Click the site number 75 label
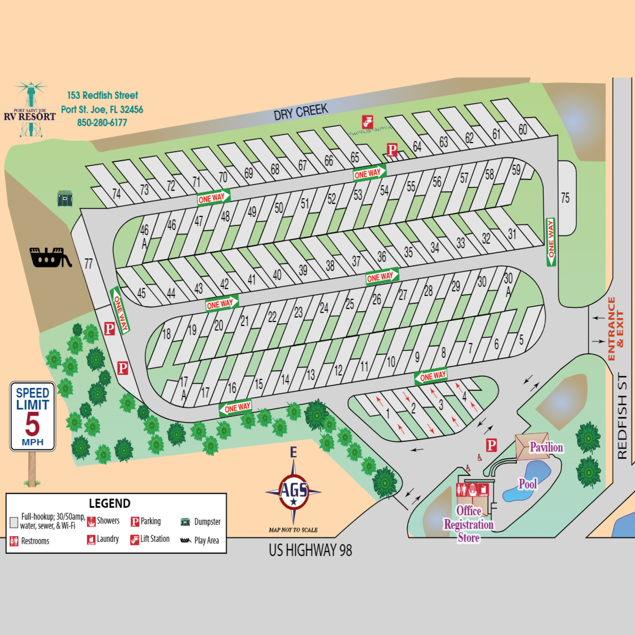point(565,198)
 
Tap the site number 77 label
point(88,264)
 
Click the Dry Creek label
point(301,111)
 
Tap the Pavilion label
point(546,447)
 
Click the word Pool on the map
point(528,484)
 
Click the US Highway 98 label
point(310,550)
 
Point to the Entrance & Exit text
point(615,329)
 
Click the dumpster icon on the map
point(65,198)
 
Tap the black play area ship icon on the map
point(50,257)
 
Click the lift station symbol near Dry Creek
point(367,122)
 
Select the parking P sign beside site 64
point(392,150)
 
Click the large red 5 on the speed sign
point(32,424)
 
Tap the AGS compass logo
point(294,491)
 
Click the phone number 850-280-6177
point(102,122)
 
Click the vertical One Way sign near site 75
point(551,242)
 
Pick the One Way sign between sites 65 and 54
point(369,173)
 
